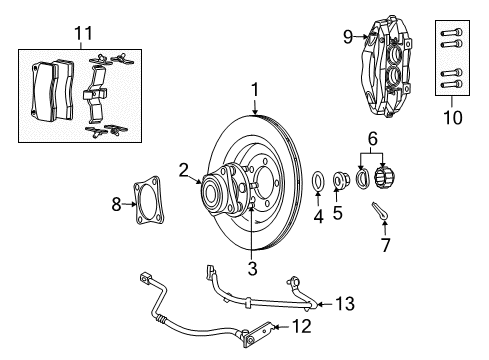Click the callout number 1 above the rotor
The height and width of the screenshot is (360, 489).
tap(256, 90)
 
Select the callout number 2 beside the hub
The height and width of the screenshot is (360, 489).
tap(184, 170)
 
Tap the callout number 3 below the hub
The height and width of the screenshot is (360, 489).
tap(253, 267)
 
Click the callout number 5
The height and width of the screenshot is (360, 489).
tap(337, 213)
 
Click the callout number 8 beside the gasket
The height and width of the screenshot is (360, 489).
tap(116, 205)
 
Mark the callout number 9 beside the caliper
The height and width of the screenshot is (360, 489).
tap(349, 38)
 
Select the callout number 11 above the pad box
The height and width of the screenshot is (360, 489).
tap(81, 33)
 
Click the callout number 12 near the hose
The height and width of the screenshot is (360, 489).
tap(301, 325)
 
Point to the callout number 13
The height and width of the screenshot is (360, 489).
tap(345, 304)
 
